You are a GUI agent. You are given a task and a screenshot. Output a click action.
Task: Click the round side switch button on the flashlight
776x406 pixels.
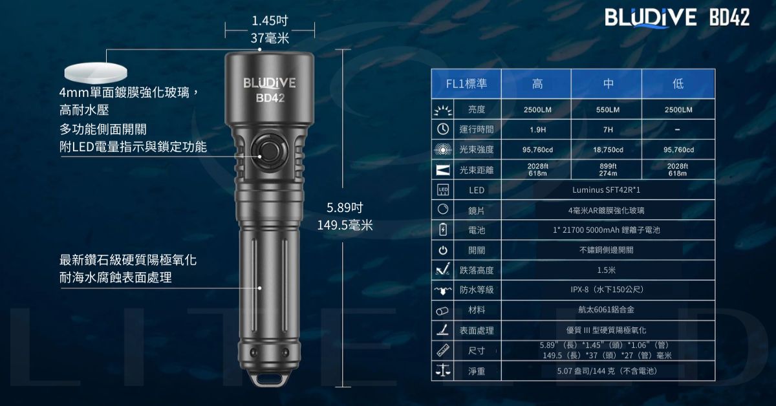269,151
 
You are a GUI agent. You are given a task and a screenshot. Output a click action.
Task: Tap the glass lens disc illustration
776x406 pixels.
96,72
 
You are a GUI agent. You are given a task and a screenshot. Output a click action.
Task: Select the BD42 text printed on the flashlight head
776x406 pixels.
270,98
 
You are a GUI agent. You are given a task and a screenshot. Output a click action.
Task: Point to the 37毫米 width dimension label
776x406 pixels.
270,37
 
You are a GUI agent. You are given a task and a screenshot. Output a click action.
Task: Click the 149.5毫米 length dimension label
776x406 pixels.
345,225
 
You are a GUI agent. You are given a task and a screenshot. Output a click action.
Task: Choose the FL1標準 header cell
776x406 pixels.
466,84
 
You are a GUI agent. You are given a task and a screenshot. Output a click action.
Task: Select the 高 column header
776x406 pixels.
537,84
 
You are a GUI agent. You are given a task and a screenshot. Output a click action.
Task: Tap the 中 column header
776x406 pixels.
608,84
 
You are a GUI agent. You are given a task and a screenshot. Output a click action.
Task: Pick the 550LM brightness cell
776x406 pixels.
608,110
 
